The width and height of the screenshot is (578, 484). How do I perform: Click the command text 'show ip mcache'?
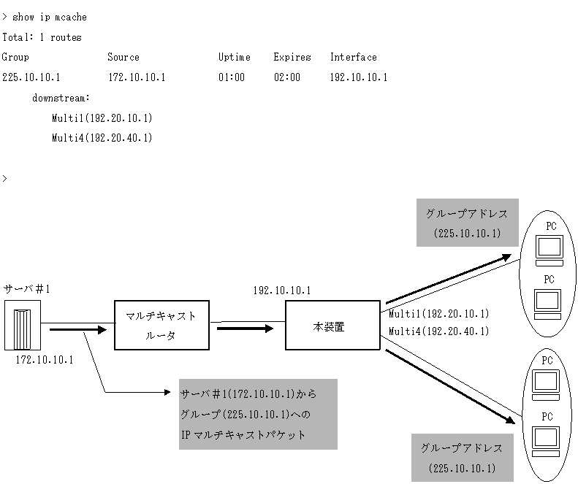click(49, 17)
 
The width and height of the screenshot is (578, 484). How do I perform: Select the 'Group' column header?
click(15, 57)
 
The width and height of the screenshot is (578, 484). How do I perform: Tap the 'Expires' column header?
click(292, 57)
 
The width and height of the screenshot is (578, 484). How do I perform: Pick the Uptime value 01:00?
click(232, 77)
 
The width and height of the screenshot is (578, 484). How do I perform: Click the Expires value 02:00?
click(287, 77)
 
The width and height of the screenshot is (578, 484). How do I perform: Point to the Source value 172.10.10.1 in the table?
click(137, 77)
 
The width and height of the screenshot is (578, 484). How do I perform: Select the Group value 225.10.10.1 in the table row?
click(31, 77)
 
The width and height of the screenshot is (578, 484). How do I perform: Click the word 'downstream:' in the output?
click(61, 98)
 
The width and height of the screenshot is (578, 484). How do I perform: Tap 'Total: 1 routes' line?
click(42, 37)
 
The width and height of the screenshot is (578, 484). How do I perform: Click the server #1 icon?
click(23, 326)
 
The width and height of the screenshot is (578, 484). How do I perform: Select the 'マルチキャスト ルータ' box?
click(161, 324)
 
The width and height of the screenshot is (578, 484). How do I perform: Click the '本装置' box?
click(332, 327)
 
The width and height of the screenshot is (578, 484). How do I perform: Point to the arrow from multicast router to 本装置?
click(244, 328)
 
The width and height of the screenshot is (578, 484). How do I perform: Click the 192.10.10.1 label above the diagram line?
click(282, 291)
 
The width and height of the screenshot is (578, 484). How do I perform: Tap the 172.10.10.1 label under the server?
click(45, 360)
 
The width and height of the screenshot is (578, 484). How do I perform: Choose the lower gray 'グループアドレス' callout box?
click(463, 457)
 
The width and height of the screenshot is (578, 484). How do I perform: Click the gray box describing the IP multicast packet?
click(258, 414)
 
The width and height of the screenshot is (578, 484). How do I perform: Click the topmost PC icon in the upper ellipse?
click(549, 247)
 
